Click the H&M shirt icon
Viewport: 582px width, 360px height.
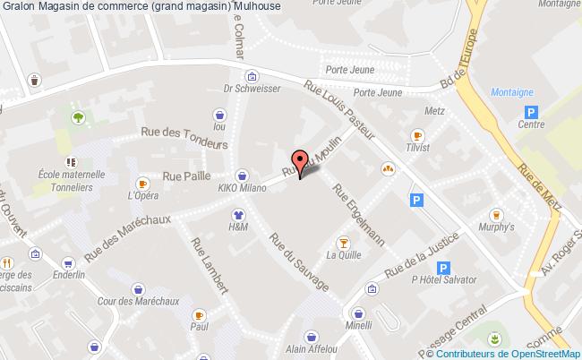(238, 215)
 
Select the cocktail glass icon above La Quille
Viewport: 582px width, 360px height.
(342, 242)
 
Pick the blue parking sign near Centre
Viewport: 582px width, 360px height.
(532, 112)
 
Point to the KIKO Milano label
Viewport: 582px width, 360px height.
(241, 190)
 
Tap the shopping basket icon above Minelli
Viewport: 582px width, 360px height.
(359, 313)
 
